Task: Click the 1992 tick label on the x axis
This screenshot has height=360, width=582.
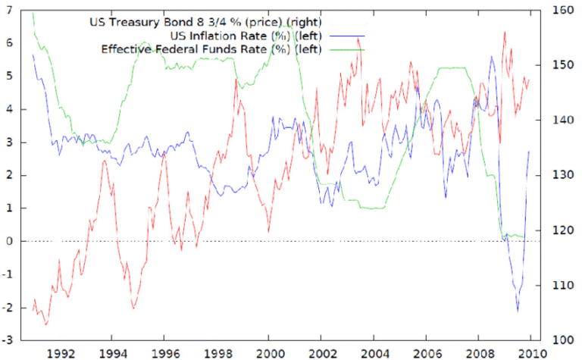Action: click(61, 352)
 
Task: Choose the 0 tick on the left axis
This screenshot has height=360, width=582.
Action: click(9, 241)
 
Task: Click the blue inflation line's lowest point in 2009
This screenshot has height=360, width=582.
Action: click(518, 311)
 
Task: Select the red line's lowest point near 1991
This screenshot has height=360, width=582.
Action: click(45, 325)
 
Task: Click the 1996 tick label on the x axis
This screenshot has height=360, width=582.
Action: click(164, 352)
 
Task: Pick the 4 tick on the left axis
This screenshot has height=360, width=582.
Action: click(9, 109)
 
